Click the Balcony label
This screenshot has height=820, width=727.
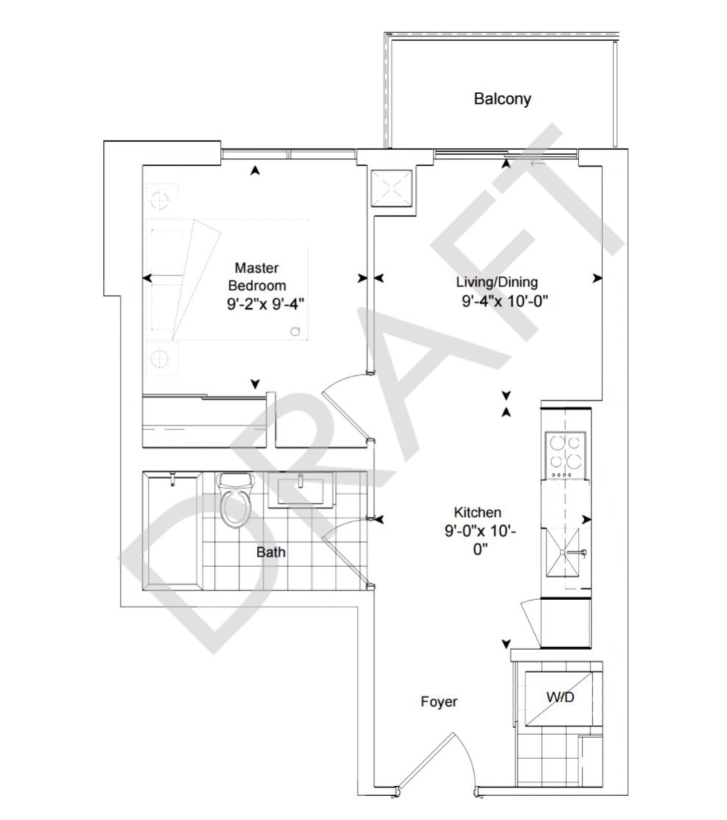click(x=502, y=99)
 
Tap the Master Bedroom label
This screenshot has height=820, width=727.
click(x=257, y=277)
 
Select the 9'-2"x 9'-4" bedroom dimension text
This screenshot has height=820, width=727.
click(x=266, y=304)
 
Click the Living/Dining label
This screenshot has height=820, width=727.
click(x=497, y=282)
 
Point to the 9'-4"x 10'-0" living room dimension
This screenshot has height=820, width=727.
click(x=505, y=302)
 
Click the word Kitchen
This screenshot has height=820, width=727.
click(x=478, y=513)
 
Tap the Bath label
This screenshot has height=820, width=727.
click(x=271, y=552)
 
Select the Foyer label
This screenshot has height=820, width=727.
click(x=439, y=702)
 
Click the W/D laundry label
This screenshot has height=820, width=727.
click(x=561, y=697)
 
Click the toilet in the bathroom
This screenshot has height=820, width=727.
click(x=235, y=499)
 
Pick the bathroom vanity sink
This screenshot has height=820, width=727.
click(x=301, y=490)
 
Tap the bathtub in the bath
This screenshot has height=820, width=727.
click(x=173, y=531)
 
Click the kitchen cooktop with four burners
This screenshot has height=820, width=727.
click(x=564, y=454)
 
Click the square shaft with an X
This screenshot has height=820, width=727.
click(x=392, y=189)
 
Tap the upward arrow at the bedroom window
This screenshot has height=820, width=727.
click(x=255, y=170)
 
